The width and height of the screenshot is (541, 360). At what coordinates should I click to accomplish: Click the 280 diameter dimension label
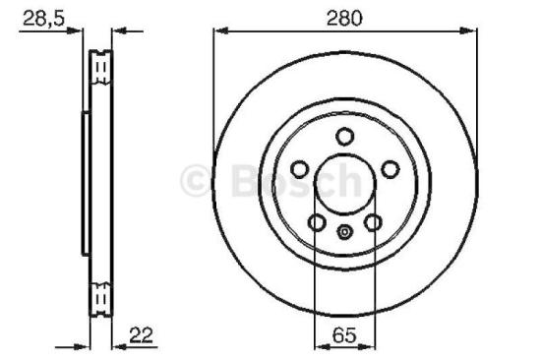click(344, 16)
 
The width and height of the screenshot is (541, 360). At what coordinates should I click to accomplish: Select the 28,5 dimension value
click(39, 16)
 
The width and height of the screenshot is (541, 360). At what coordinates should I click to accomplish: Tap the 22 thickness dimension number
click(143, 335)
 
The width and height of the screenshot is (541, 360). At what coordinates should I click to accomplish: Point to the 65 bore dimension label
click(343, 335)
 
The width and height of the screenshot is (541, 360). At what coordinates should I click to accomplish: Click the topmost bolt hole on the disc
click(343, 137)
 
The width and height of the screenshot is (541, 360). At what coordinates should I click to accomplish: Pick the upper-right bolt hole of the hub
click(390, 168)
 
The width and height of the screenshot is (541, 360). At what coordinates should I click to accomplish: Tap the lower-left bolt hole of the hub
click(316, 222)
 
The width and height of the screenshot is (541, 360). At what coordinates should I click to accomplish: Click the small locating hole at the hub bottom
click(343, 232)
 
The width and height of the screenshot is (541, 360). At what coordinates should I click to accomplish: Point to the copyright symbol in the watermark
click(196, 179)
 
